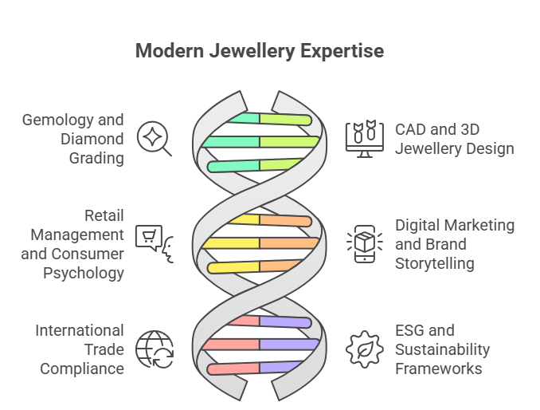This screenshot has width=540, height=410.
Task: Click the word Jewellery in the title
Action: (x=256, y=51)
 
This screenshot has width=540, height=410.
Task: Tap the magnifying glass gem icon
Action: (x=154, y=139)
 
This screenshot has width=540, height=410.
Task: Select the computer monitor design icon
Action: (x=363, y=139)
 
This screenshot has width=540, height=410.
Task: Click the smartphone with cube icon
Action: (x=363, y=243)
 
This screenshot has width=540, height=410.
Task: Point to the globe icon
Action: (x=154, y=349)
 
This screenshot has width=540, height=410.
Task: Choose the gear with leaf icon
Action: (x=363, y=349)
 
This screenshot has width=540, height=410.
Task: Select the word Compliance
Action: (x=83, y=369)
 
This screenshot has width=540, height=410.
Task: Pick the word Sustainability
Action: (x=443, y=349)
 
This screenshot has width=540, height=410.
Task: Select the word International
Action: (x=80, y=330)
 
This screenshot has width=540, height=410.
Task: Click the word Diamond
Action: (x=93, y=139)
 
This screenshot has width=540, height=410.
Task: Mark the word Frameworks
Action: (x=439, y=369)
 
